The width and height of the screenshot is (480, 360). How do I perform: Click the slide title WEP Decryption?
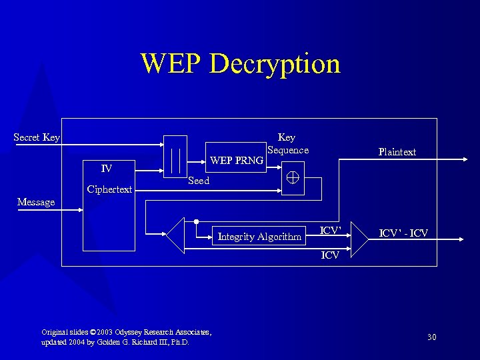[240, 64]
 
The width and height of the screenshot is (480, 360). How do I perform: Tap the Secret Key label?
[37, 137]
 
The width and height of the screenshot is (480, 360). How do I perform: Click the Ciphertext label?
[109, 189]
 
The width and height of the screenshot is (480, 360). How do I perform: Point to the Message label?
[36, 202]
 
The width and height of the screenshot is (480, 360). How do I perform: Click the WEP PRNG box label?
[237, 160]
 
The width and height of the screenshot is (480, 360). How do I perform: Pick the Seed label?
[199, 181]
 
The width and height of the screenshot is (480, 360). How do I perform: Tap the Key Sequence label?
[287, 143]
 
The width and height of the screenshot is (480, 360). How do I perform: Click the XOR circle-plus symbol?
[293, 178]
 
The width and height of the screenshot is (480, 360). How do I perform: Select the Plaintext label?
[397, 152]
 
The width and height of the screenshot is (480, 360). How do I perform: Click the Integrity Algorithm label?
[259, 236]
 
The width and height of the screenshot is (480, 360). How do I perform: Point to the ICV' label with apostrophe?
[331, 231]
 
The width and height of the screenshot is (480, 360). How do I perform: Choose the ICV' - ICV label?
[403, 233]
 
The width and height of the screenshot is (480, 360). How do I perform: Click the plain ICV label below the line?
[330, 255]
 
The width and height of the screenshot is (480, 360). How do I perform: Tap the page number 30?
[431, 337]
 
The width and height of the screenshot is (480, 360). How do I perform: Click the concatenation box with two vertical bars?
[176, 157]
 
